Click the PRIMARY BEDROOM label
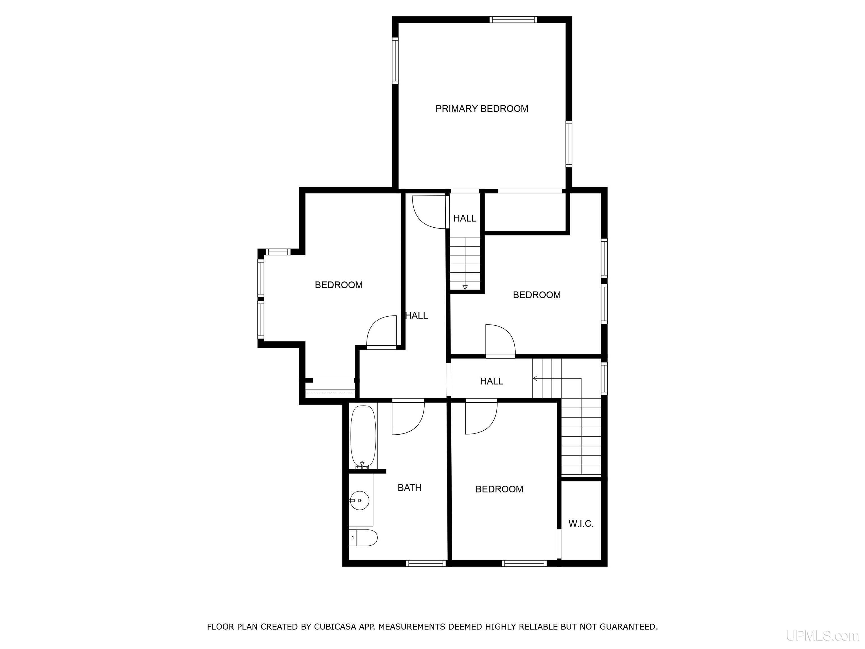(x=482, y=109)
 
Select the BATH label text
(x=409, y=487)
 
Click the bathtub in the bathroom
(x=363, y=437)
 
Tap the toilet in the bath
(x=363, y=538)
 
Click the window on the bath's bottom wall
(x=426, y=563)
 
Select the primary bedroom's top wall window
(x=513, y=19)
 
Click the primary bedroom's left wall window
(x=395, y=61)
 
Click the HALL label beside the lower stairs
(x=492, y=381)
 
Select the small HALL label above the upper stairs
(x=465, y=218)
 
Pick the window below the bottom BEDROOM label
(x=524, y=563)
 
